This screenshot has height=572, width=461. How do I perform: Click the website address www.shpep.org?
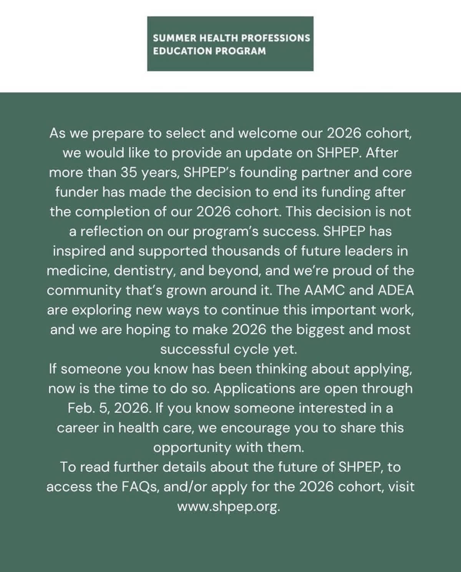pyautogui.click(x=228, y=507)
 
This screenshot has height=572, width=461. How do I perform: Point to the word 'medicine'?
pyautogui.click(x=77, y=271)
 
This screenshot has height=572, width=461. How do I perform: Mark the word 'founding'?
pyautogui.click(x=260, y=173)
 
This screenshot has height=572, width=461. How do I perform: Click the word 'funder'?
pyautogui.click(x=76, y=192)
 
